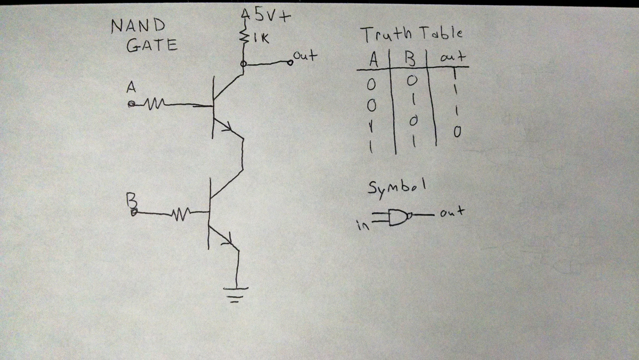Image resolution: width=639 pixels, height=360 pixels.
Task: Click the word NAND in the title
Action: point(138,26)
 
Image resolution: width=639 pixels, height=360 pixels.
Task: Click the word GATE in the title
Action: point(152,45)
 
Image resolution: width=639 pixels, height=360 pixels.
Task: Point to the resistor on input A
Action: point(154,104)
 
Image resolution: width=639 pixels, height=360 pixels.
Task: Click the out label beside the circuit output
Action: point(305,55)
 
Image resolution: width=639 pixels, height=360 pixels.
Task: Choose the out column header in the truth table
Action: point(452,57)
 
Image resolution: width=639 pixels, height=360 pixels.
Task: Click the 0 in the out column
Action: point(457,132)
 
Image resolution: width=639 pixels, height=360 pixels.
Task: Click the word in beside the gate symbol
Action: point(363,226)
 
